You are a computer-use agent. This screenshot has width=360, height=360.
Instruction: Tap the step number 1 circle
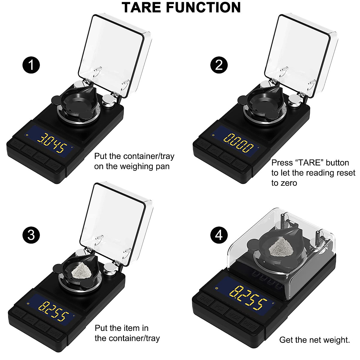click(x=31, y=65)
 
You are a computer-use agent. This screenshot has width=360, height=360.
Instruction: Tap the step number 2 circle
click(x=219, y=65)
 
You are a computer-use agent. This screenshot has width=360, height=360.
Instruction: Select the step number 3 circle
click(x=31, y=235)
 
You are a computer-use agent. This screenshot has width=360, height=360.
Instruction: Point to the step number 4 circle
click(x=219, y=235)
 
